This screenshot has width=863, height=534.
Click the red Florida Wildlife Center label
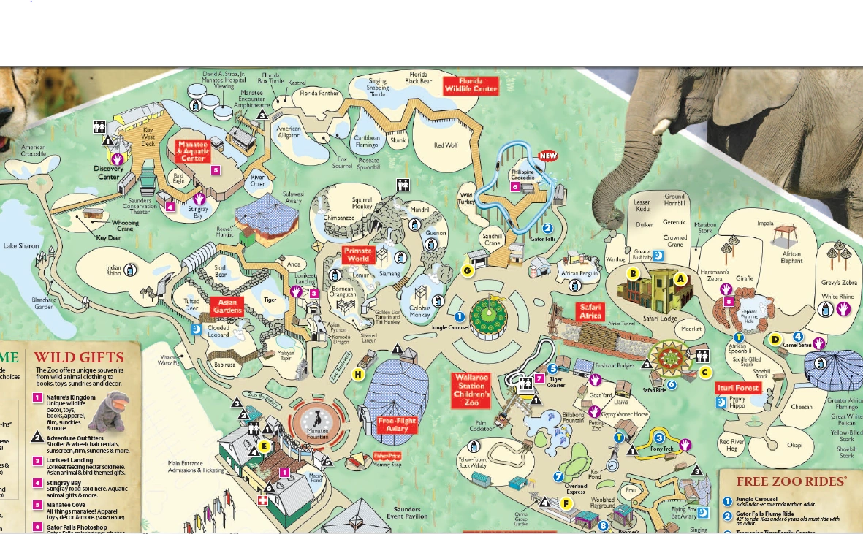tap(471, 85)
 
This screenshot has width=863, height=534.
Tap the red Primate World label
tap(358, 255)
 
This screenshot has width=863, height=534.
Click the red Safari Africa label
tap(590, 311)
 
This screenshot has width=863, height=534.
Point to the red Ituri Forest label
tap(737, 388)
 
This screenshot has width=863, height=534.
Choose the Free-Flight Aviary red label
tap(397, 425)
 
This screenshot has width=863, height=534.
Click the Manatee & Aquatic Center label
tap(192, 151)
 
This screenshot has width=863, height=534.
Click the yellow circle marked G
tap(468, 270)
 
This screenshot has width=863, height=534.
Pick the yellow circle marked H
tap(358, 375)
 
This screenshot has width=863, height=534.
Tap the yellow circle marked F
tap(566, 503)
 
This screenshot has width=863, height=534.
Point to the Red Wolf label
tap(445, 145)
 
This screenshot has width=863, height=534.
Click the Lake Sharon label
tap(21, 246)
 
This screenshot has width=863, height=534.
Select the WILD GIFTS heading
tap(79, 357)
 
